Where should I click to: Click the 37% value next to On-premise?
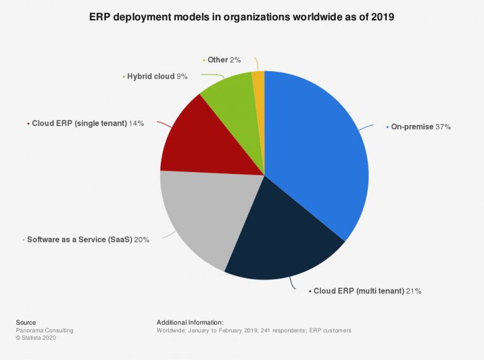(443, 127)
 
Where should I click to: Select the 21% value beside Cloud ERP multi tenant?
(413, 291)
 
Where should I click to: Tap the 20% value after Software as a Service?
(141, 240)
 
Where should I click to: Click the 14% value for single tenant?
(136, 124)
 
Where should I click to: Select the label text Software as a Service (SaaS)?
(79, 240)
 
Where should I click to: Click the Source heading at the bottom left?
(26, 322)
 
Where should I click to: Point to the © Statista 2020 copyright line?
(38, 338)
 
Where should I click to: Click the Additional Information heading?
(190, 322)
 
